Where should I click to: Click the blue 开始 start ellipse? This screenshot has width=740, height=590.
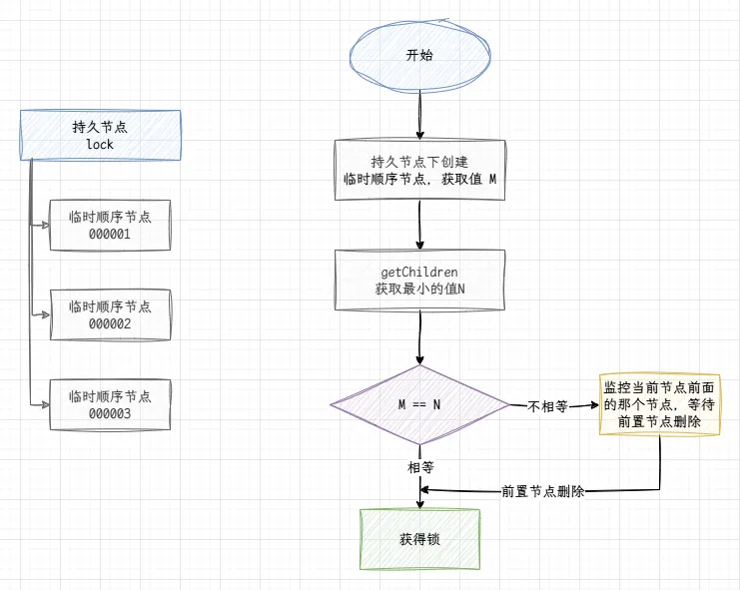coord(419,56)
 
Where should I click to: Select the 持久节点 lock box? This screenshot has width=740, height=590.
coord(100,136)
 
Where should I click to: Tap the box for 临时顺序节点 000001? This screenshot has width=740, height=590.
coord(110,225)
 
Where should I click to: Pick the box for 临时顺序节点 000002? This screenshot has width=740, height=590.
coord(110,314)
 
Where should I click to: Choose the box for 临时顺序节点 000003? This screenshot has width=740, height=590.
coord(110,404)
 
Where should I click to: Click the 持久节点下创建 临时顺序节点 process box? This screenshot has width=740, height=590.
coord(419,171)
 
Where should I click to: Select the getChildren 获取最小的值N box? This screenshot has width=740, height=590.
coord(419,281)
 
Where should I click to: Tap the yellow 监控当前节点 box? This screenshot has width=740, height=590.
coord(660,405)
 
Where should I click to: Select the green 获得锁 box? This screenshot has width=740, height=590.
coord(419,539)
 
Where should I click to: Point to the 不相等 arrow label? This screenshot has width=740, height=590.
coord(547,406)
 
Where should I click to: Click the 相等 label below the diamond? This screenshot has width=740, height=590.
coord(419,466)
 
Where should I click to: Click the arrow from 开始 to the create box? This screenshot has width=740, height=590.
coord(419,118)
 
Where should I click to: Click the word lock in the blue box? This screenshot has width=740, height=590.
coord(100,145)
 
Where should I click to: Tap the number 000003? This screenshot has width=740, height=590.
coord(110,413)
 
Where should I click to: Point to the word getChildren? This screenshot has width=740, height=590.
coord(419,272)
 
